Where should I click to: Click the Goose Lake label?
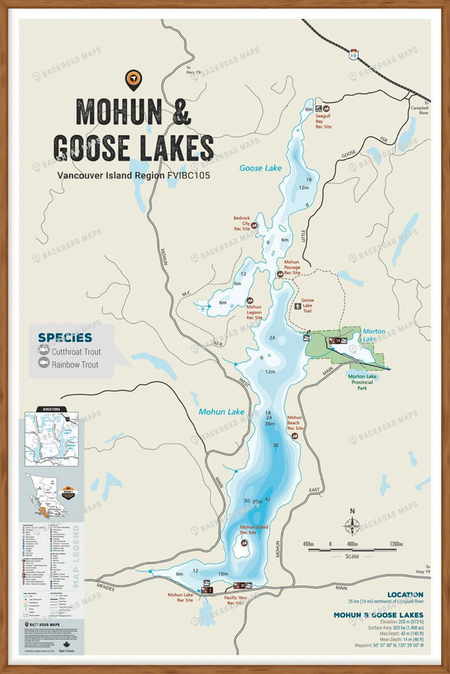click(259, 168)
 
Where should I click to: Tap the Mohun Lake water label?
click(221, 412)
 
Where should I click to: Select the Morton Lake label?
click(373, 336)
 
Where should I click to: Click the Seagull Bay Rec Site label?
click(323, 121)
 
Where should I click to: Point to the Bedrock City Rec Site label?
click(242, 223)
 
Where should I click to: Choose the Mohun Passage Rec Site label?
click(292, 267)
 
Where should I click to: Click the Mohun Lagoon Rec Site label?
click(254, 312)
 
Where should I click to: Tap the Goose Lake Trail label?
click(307, 305)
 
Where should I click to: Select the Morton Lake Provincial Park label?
click(366, 381)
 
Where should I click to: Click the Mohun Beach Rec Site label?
click(295, 422)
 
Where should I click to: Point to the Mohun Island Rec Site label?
click(254, 529)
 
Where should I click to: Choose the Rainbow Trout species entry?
click(75, 364)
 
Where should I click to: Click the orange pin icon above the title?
click(131, 79)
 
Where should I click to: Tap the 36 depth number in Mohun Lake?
click(276, 446)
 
